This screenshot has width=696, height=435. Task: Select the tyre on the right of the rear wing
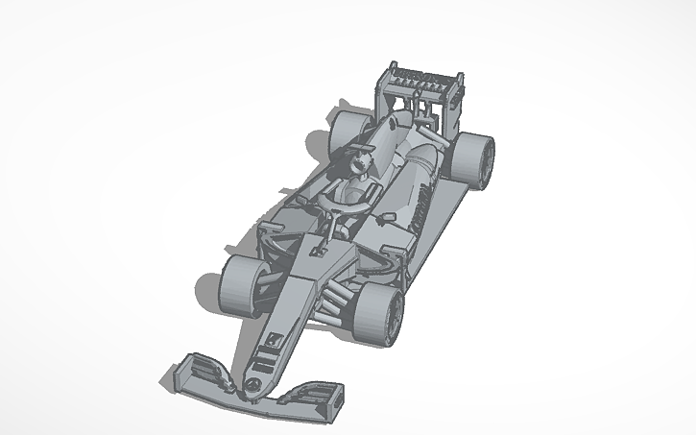point(474,157)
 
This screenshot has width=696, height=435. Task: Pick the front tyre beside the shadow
point(240,285)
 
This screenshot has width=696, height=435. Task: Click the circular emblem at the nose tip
point(252,382)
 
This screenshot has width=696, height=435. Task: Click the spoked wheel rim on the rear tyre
point(487,159)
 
